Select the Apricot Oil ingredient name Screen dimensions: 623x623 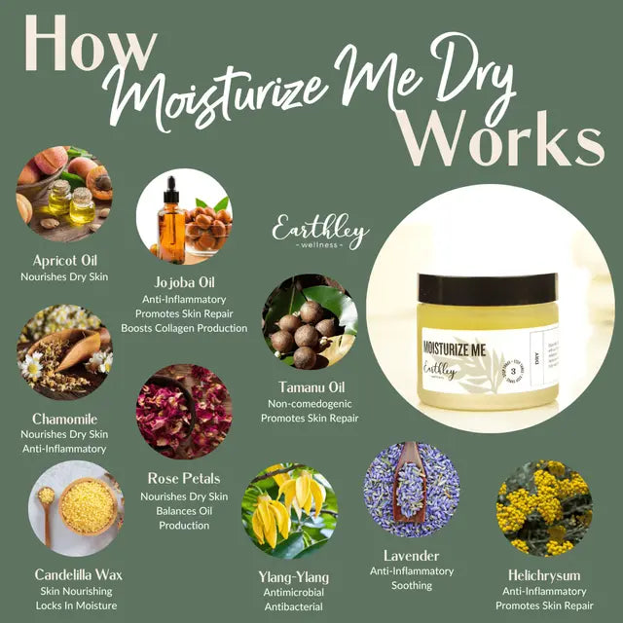(x=64, y=261)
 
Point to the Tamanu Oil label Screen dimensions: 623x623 (x=310, y=386)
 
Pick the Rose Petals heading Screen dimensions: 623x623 (x=183, y=479)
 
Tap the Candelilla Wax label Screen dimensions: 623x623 (x=77, y=574)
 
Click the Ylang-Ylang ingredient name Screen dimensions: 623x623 (x=287, y=574)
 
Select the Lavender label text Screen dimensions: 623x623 (x=412, y=555)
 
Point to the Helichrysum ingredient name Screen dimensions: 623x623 (x=544, y=574)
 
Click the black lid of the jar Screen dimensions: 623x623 (x=473, y=287)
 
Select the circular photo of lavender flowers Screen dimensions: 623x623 (x=412, y=490)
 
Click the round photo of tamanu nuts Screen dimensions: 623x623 (x=310, y=321)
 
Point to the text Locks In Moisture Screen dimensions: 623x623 (x=77, y=605)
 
